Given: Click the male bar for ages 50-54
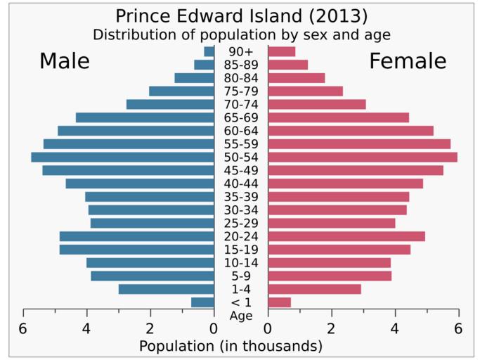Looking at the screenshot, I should coord(122,157).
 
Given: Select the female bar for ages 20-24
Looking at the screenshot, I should coord(346,236).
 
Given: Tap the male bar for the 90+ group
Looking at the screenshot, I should coord(209,51).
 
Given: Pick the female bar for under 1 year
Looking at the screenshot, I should coord(279,302).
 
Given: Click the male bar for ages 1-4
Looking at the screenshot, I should coord(166,289).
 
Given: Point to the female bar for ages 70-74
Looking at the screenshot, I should coord(316,104).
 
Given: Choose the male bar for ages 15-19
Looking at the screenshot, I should coord(136,249).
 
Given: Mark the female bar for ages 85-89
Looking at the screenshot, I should coord(287,65).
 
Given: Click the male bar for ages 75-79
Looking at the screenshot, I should coord(181,91).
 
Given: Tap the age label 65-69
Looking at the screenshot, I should coord(241,117).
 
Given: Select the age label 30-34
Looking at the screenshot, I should coord(241,210).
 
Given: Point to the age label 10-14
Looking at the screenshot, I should coord(241,263).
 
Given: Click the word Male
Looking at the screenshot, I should coord(64,61).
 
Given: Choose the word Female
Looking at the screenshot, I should coord(408,61).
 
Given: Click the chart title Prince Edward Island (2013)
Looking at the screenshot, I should coord(241,15).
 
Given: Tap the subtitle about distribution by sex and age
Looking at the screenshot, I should coord(241,34).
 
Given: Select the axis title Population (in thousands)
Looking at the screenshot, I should coord(231,346).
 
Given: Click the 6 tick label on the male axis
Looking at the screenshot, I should coord(23,328).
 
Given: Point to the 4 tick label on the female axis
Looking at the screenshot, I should coord(395,328).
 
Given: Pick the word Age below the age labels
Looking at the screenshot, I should coord(241,316).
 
